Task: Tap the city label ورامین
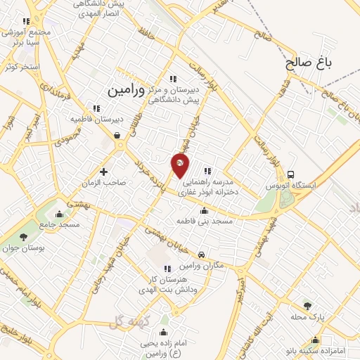click(127, 91)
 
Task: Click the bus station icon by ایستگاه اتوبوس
click(290, 174)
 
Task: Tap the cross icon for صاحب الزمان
click(103, 171)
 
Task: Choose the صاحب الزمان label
click(106, 183)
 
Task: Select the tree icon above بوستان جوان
click(24, 237)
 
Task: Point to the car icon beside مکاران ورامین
click(202, 254)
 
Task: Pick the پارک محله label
click(309, 317)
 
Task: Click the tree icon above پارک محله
click(307, 305)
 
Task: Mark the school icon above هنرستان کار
click(167, 269)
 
